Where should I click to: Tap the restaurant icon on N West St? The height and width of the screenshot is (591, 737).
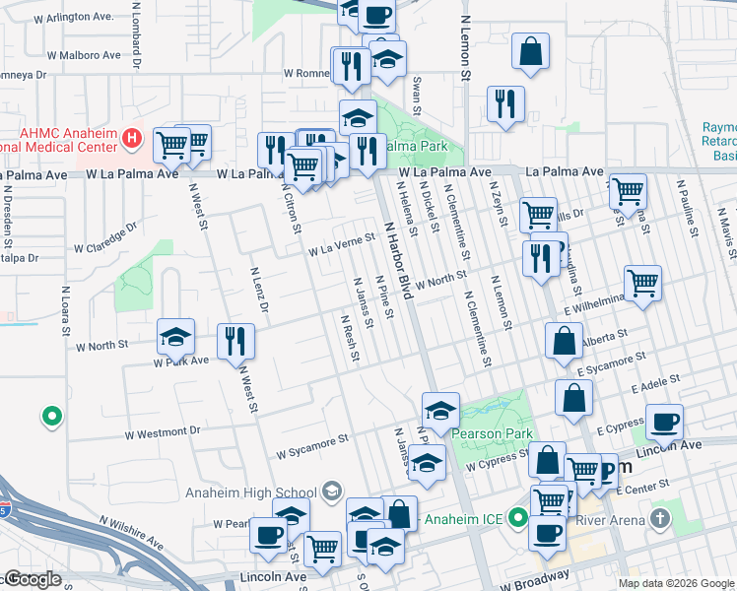coord(234,341)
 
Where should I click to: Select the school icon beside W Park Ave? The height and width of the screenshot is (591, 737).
coord(175,337)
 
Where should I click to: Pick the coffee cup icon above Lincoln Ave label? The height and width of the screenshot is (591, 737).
coord(663,422)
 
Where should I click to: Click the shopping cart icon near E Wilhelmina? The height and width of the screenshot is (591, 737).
coord(642,283)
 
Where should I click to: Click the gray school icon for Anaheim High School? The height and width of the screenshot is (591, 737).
coord(332,492)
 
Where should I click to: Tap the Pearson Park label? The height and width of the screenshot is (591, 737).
coord(492,433)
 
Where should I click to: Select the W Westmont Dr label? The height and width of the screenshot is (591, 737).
coord(163,432)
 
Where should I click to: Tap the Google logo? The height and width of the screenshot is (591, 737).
coord(32,579)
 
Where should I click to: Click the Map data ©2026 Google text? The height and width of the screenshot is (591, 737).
coord(676,583)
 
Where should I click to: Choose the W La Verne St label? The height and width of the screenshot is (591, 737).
coord(341,244)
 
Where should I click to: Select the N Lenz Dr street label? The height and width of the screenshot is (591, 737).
coord(259,290)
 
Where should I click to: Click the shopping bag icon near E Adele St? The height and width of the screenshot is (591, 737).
coord(572,398)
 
